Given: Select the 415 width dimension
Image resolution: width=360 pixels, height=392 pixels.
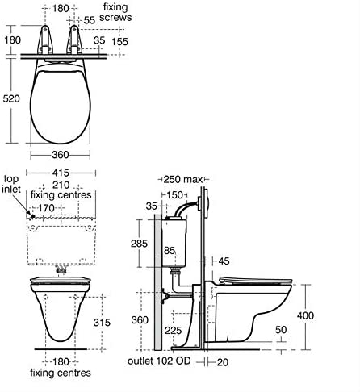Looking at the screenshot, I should pos(59,173).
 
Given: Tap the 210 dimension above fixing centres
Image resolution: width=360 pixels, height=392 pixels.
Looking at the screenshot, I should pos(59,185).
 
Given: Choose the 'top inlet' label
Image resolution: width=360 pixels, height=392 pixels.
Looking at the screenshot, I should pos(11,184).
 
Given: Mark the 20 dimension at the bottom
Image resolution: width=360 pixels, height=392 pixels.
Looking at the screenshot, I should pos(222,362).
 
